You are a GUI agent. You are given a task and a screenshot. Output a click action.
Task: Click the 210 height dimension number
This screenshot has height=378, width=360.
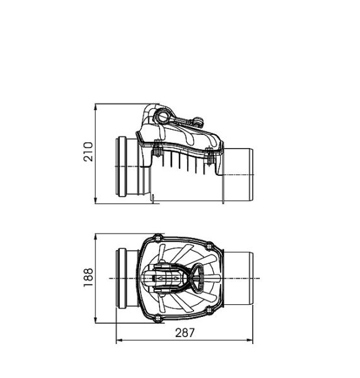pyautogui.click(x=88, y=152)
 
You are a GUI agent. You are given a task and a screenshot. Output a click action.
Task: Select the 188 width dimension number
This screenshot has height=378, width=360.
pyautogui.click(x=88, y=277)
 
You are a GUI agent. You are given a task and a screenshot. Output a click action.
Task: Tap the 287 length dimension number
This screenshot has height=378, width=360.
pyautogui.click(x=185, y=333)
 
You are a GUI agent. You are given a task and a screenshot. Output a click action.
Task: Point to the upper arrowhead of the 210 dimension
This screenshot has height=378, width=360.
pyautogui.click(x=96, y=108)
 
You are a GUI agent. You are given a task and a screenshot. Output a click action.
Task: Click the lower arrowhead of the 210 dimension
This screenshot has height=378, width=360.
pyautogui.click(x=96, y=200)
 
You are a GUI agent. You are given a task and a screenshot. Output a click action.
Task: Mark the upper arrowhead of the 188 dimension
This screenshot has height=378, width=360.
pyautogui.click(x=96, y=238)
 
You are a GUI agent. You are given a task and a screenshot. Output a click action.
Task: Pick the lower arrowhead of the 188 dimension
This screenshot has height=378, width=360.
pyautogui.click(x=96, y=319)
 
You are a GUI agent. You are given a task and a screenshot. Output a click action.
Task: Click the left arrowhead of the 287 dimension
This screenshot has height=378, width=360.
pyautogui.click(x=120, y=340)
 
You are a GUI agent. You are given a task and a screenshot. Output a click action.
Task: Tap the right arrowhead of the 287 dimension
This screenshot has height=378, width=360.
pyautogui.click(x=249, y=340)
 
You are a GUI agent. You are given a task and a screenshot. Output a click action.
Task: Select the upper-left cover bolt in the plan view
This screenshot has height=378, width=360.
pyautogui.click(x=158, y=238)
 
